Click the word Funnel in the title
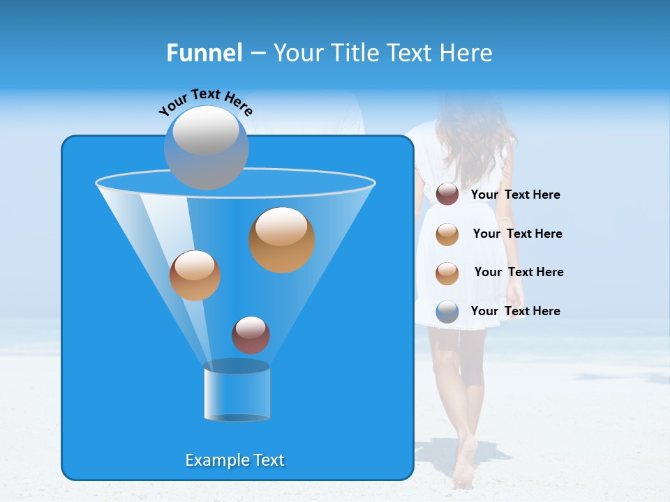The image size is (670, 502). (204, 53)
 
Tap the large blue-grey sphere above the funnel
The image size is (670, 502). (206, 147)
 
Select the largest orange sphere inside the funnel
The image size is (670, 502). (281, 239)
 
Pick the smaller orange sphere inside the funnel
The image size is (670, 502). (195, 275)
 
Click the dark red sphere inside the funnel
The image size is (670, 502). (251, 335)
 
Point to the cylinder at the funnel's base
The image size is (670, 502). (237, 391)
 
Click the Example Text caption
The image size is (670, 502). (234, 460)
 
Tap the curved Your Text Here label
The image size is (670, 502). (205, 102)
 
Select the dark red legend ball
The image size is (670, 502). (447, 195)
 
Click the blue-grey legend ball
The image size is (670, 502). (447, 312)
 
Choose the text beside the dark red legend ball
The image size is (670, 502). (515, 195)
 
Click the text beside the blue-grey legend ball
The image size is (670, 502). (515, 311)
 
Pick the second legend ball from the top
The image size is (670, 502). (447, 234)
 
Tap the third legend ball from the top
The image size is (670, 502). (447, 273)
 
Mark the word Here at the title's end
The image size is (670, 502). (467, 53)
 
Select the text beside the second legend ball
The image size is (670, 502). (517, 234)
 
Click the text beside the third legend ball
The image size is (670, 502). (519, 272)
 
